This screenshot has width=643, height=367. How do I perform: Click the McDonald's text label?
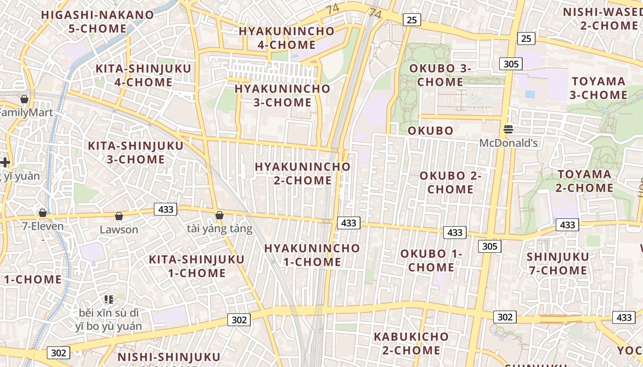[508, 143]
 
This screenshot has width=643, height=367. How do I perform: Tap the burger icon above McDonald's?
[508, 129]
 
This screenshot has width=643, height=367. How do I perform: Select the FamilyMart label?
[26, 112]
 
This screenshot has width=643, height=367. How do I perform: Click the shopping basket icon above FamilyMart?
[24, 99]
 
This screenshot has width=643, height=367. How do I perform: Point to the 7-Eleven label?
[43, 226]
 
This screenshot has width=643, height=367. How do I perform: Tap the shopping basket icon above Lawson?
[119, 216]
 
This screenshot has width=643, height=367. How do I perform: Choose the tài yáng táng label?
[220, 229]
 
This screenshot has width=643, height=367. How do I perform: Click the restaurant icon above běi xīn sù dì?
[109, 300]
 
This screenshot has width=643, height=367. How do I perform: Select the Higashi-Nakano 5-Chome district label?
[97, 22]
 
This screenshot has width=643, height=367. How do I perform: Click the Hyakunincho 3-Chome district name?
[282, 95]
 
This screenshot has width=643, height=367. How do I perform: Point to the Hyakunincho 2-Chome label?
[303, 173]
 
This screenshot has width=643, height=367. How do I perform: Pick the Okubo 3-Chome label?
[440, 75]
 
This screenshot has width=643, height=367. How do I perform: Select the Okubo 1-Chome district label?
[431, 261]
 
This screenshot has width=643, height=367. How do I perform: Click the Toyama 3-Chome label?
[599, 88]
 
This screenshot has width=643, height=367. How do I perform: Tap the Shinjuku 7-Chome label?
[558, 263]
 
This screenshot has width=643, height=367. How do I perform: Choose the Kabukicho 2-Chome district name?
[411, 343]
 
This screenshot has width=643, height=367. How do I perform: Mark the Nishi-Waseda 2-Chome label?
[603, 18]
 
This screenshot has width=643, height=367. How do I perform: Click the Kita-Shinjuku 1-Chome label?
[197, 266]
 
